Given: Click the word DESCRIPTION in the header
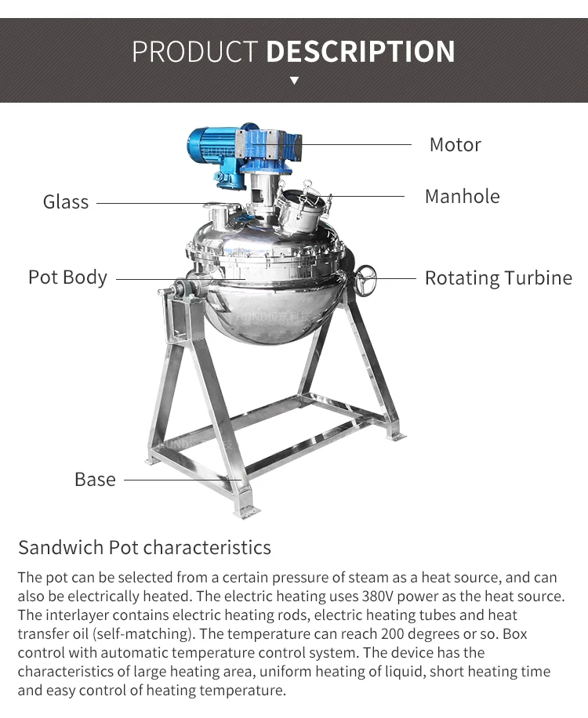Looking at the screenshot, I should (x=361, y=52).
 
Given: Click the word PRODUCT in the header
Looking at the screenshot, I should (x=194, y=52).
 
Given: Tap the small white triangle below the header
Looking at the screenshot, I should (x=294, y=80).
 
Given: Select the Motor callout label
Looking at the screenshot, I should (x=455, y=145).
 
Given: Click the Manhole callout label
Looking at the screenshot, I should (x=462, y=196).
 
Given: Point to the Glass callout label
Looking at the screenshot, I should (x=66, y=202).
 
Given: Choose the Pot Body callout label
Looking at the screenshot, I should (x=67, y=277).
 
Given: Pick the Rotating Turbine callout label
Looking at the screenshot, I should (x=498, y=278).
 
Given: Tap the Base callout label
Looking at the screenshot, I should (x=95, y=479).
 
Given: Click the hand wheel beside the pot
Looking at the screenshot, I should (x=365, y=278).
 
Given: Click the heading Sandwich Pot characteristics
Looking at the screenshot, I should (x=144, y=547).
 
